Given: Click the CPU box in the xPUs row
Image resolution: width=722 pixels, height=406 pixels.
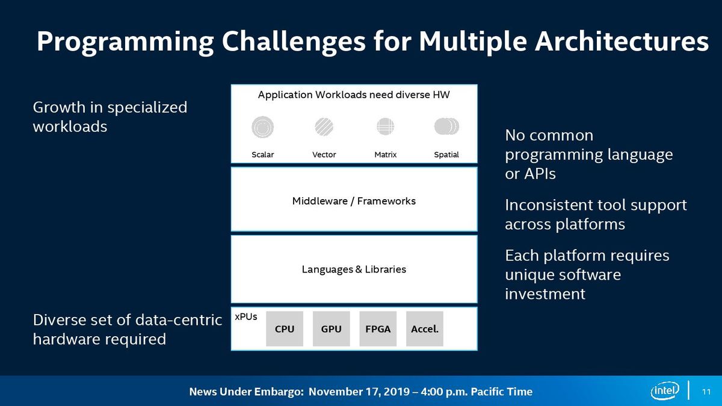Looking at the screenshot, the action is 284,328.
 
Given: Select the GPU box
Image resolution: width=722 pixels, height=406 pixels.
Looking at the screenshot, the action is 331,328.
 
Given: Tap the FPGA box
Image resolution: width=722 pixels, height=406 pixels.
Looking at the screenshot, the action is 378,328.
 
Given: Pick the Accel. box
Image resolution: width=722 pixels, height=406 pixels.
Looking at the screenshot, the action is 425,328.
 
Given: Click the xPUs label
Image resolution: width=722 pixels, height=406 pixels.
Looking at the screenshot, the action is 246,317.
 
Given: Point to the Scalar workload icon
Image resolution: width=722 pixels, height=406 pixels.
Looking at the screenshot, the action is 263,127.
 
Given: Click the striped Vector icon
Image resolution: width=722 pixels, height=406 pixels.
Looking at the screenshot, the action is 324,127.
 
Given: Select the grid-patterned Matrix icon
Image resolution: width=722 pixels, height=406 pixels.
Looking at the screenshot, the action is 385,126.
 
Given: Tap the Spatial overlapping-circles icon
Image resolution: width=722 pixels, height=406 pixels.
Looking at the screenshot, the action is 446,126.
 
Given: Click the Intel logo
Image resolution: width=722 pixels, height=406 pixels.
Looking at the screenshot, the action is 665,390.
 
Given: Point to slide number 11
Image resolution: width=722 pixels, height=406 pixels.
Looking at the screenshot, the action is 706,392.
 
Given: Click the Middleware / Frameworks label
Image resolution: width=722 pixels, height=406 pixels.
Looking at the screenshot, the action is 354,201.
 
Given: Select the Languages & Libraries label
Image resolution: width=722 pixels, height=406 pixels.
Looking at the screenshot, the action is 354,269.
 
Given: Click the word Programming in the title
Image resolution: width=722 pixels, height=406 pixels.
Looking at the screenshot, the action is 125,42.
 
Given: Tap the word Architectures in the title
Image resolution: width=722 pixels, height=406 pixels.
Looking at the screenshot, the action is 622,42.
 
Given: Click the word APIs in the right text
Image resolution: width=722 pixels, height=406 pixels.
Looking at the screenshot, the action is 540,174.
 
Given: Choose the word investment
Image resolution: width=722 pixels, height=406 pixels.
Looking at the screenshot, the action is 545,294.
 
